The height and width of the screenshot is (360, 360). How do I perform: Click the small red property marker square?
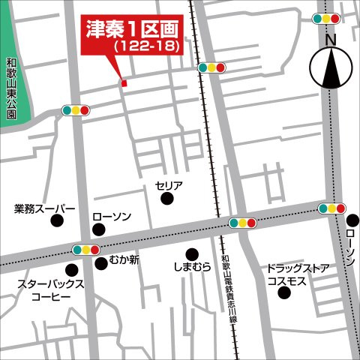[124, 82]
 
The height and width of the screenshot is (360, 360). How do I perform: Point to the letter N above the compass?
[331, 37]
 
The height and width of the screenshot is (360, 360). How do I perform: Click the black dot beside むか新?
[100, 263]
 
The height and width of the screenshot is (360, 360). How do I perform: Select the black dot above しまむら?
[192, 253]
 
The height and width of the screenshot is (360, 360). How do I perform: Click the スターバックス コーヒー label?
[50, 291]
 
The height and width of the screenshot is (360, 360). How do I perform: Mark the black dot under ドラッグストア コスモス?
[283, 292]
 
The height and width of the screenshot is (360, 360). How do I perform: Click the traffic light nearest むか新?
[87, 249]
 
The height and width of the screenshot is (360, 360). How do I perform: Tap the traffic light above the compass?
[327, 19]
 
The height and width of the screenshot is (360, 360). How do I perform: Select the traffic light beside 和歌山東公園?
[76, 110]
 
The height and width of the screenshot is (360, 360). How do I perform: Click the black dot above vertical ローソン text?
[352, 220]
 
